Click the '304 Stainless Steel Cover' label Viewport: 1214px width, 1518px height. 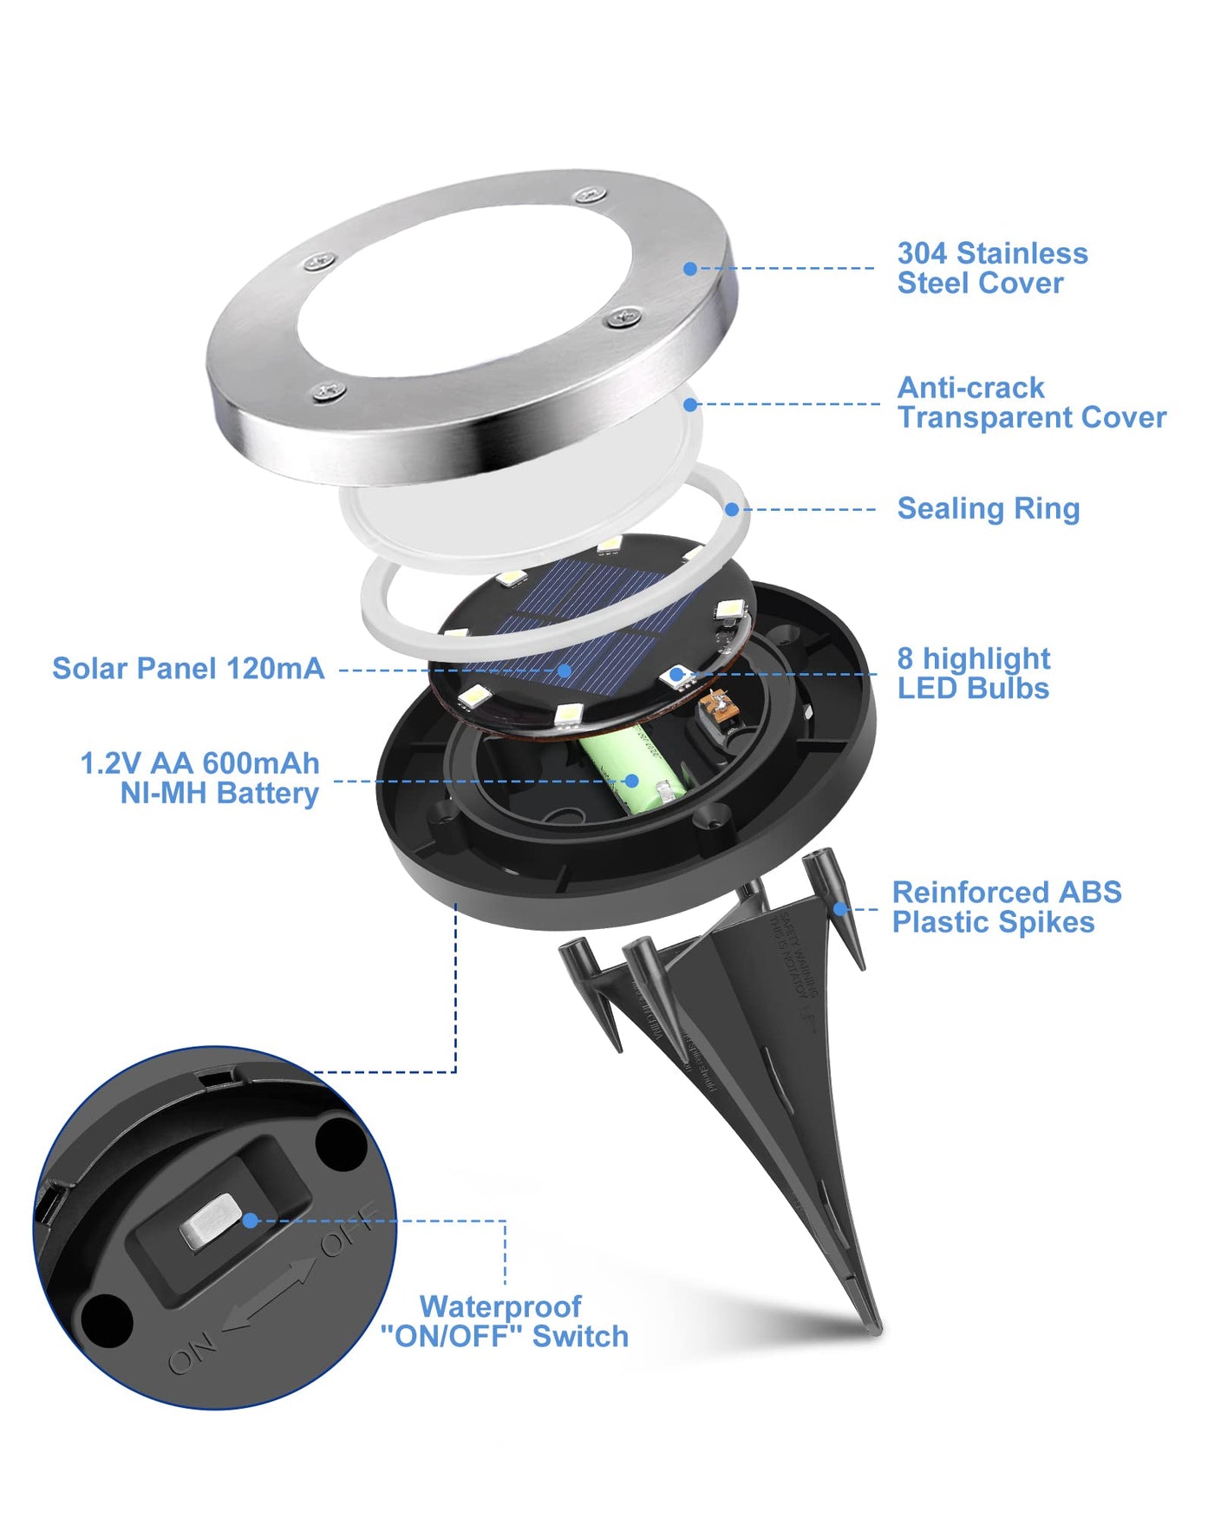pos(992,268)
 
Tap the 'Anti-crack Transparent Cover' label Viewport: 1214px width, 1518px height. pos(1031,402)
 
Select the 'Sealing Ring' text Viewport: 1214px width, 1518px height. pos(988,508)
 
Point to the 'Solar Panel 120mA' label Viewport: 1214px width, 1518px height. pos(188,669)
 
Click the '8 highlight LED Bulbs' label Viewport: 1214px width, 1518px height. pos(973,673)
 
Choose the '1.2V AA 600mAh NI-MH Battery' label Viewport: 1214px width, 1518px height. pos(200,778)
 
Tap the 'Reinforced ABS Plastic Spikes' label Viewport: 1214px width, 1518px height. pos(1006,907)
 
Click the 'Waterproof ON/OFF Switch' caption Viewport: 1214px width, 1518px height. pos(505,1321)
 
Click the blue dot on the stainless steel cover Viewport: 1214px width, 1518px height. pos(690,269)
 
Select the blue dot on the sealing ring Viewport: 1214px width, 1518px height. pos(733,510)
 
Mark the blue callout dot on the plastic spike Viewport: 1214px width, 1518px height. pos(839,909)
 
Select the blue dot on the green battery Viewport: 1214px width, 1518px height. pos(633,782)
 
